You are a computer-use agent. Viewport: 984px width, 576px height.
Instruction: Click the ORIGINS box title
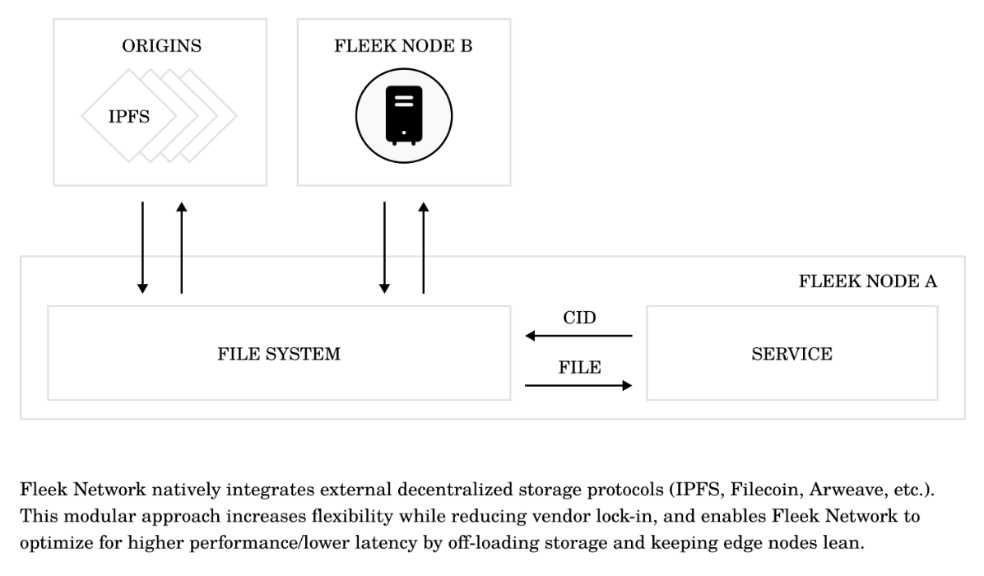[160, 47]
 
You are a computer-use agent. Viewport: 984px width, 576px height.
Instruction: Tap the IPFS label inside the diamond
[129, 118]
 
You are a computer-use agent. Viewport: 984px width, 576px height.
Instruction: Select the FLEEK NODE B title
[403, 47]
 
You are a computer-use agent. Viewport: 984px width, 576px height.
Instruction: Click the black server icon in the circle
[403, 115]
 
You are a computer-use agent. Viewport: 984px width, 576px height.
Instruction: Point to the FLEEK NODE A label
[868, 281]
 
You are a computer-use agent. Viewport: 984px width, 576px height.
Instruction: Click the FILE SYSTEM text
[279, 355]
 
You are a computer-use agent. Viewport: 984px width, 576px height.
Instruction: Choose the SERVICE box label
[791, 355]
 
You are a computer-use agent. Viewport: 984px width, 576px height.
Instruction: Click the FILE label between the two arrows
[579, 367]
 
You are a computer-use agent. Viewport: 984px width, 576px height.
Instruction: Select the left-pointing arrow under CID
[579, 336]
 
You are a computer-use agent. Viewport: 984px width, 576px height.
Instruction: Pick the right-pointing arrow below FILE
[579, 385]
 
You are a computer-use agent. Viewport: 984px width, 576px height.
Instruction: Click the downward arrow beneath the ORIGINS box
[143, 247]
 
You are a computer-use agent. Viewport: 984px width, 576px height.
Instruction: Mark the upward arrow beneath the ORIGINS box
[182, 247]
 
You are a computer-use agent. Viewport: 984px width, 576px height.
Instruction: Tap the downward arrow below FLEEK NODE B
[384, 247]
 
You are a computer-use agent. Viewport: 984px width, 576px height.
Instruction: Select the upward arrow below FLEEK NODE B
[424, 247]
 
